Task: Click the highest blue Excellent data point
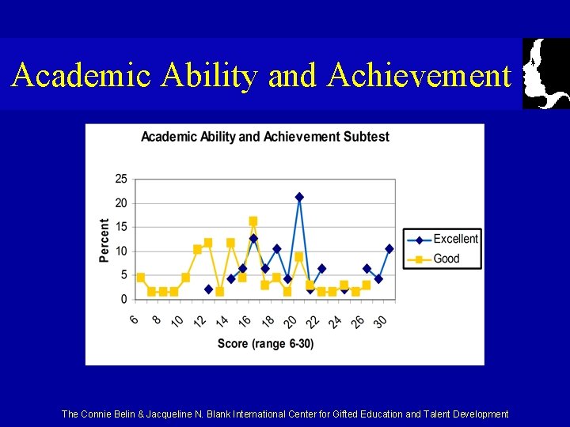coord(299,197)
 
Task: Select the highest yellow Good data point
coord(253,221)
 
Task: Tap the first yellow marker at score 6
coord(141,278)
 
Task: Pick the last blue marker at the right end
coord(389,248)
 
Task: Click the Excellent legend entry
coord(455,239)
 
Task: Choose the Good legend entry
coord(446,259)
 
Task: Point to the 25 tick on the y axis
coord(121,179)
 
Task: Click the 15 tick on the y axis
coord(121,227)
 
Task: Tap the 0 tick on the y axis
coord(123,299)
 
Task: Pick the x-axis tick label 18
coord(268,321)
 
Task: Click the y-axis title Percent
coord(104,240)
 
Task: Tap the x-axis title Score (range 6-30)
coord(265,343)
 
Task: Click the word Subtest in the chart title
coord(366,137)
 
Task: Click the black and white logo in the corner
coord(546,73)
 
